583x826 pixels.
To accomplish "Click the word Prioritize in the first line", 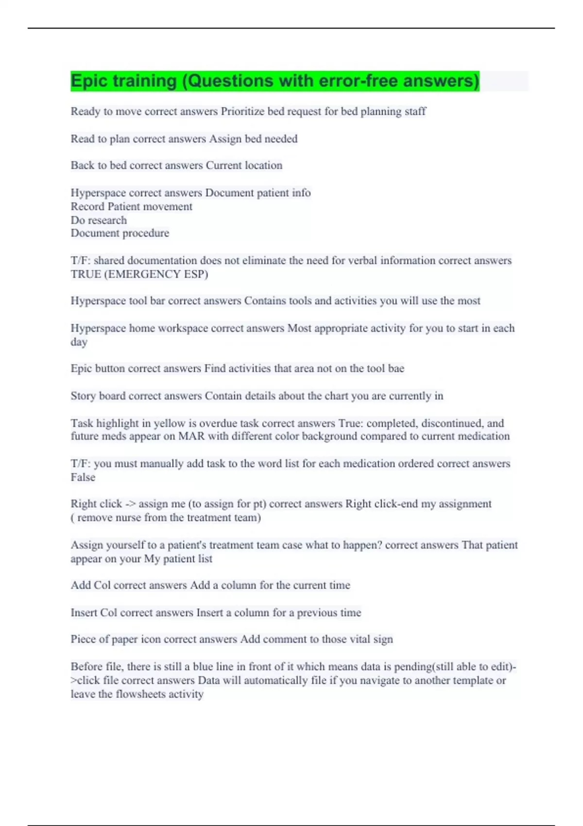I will pos(243,111).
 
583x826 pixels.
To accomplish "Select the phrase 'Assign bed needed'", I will pos(253,139).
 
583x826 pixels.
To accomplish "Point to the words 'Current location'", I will pos(244,165).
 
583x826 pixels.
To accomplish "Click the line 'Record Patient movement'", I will pos(131,206).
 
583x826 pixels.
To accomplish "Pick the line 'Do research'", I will pos(99,220).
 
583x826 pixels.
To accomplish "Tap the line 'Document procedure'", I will pos(120,233).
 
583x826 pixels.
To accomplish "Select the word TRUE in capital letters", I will pos(86,274).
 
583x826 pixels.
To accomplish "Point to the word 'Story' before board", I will pos(83,396).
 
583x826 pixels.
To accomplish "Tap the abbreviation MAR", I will pos(191,436).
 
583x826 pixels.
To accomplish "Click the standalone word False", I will pos(83,477).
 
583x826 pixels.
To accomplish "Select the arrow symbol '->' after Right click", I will pos(130,504).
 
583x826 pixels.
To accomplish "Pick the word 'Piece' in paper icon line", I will pos(83,639).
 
